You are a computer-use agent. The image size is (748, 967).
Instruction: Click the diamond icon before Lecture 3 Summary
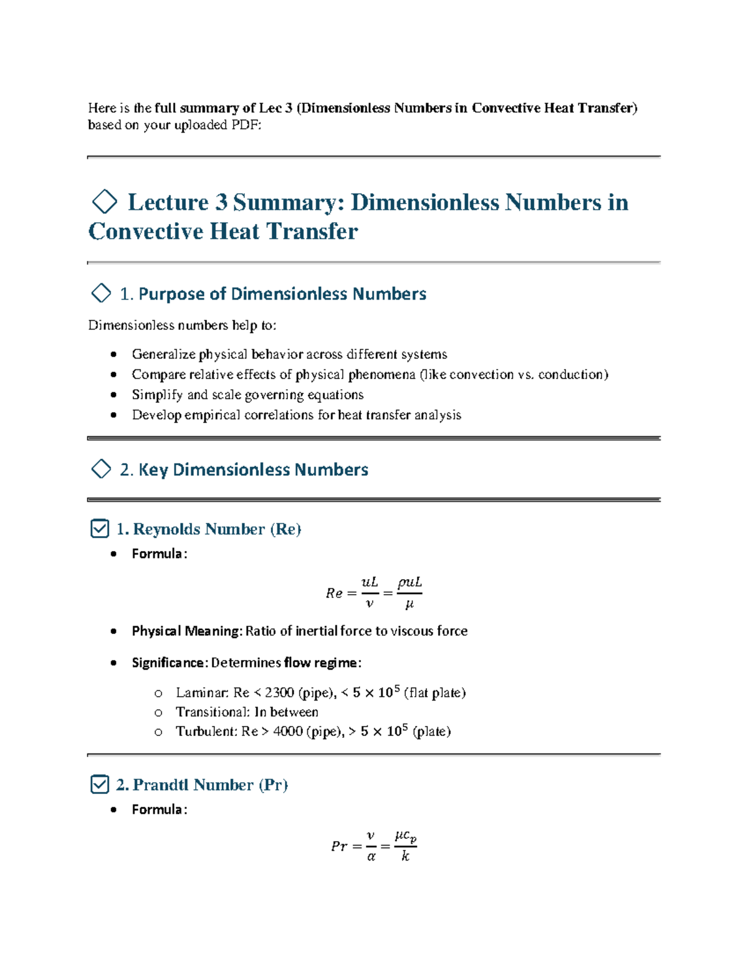pyautogui.click(x=104, y=202)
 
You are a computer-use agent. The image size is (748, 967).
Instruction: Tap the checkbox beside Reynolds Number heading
pyautogui.click(x=100, y=529)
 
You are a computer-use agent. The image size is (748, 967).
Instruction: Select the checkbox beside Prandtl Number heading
pyautogui.click(x=100, y=785)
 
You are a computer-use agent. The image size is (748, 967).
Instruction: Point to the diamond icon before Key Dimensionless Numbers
pyautogui.click(x=101, y=469)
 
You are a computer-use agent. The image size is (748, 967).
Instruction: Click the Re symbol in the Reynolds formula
pyautogui.click(x=334, y=593)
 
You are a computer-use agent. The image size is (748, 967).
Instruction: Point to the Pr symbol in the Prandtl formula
pyautogui.click(x=339, y=846)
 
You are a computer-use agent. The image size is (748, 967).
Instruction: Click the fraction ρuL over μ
pyautogui.click(x=410, y=592)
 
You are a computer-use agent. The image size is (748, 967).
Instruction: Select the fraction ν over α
pyautogui.click(x=371, y=846)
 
